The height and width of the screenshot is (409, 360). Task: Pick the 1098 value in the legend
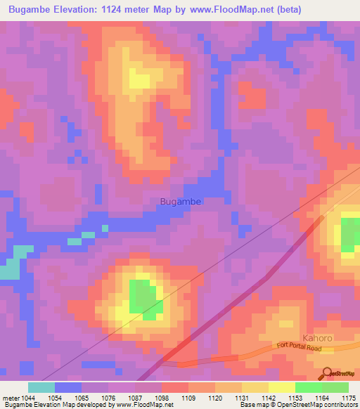click(x=162, y=398)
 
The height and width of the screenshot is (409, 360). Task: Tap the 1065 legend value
click(x=82, y=398)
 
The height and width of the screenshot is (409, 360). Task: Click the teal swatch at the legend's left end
click(x=41, y=387)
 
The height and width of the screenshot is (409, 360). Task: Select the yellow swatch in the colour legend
click(x=282, y=387)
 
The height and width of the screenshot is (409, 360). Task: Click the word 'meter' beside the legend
click(x=11, y=398)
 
